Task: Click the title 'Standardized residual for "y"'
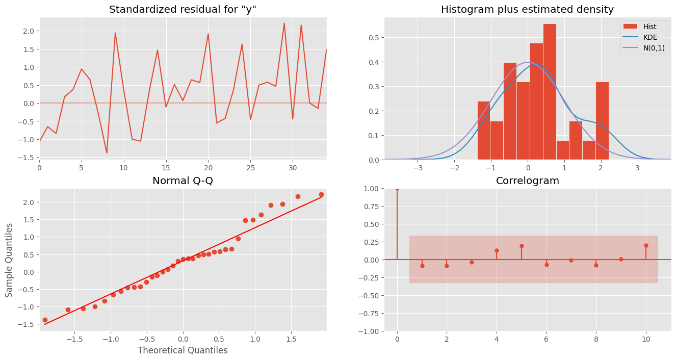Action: point(183,9)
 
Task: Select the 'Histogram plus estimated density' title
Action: point(527,9)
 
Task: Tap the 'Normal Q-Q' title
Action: point(183,181)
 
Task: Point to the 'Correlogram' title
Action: point(528,181)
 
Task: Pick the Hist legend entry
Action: point(639,27)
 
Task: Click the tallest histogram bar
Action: point(550,92)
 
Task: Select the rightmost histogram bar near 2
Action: point(602,121)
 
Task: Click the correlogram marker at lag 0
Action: point(397,189)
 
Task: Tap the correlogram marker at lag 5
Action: point(522,246)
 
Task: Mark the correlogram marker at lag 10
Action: point(646,245)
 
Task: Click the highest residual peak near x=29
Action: point(284,23)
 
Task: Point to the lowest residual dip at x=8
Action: point(107,152)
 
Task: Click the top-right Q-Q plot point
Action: point(321,195)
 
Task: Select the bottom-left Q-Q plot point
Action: point(45,320)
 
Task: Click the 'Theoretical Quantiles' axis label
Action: point(183,350)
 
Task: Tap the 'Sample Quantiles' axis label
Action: point(9,260)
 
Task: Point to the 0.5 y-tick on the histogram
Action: point(374,38)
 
